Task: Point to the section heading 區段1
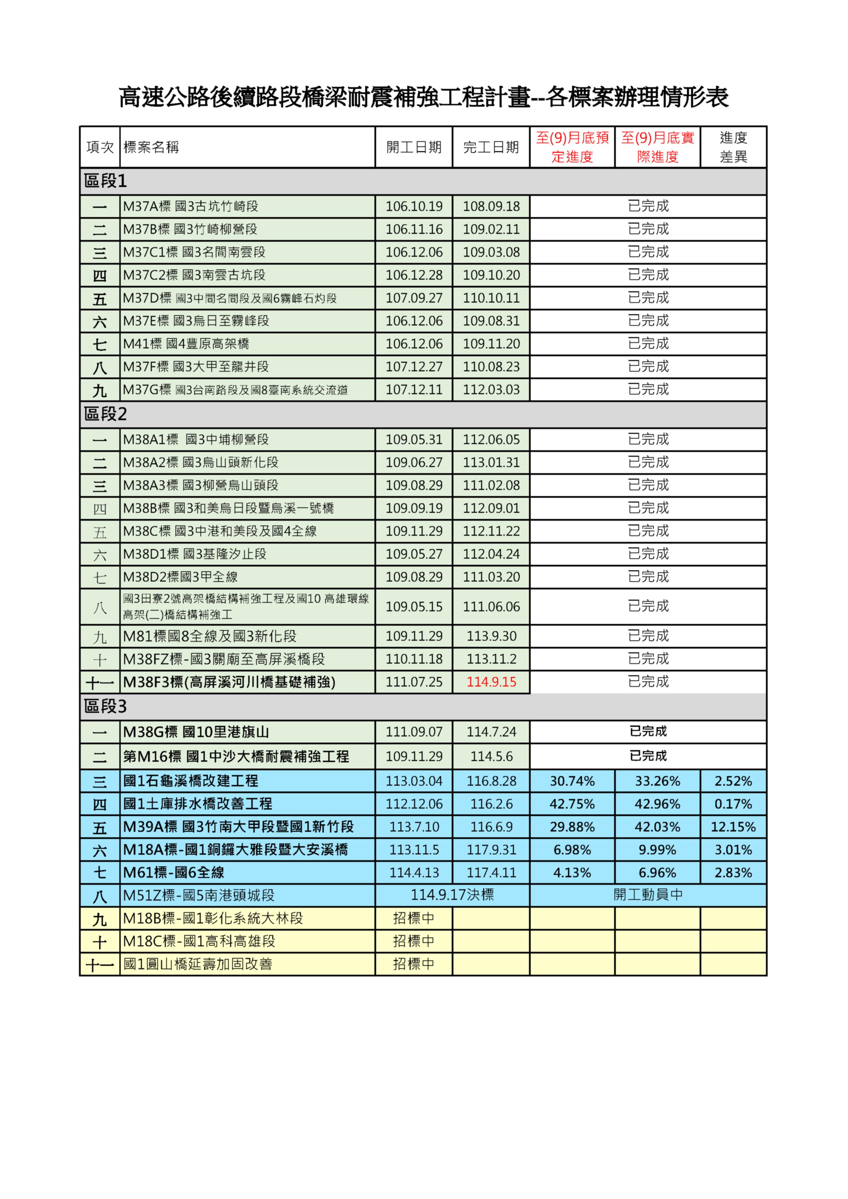pyautogui.click(x=105, y=181)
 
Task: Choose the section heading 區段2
pyautogui.click(x=105, y=414)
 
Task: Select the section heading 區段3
pyautogui.click(x=105, y=707)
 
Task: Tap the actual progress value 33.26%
pyautogui.click(x=658, y=781)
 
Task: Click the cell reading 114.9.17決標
pyautogui.click(x=452, y=895)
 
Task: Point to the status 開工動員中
pyautogui.click(x=648, y=895)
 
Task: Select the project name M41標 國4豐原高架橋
pyautogui.click(x=186, y=344)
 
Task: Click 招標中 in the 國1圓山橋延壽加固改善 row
pyautogui.click(x=413, y=964)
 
